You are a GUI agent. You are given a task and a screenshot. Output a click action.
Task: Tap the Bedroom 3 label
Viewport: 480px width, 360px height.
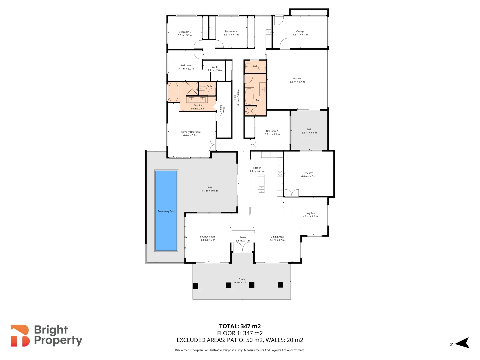185,32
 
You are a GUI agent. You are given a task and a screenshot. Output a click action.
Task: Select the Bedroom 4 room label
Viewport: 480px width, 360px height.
231,31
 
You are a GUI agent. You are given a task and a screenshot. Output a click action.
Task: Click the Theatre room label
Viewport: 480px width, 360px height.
309,173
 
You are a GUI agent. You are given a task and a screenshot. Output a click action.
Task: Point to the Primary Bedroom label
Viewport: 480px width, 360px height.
191,132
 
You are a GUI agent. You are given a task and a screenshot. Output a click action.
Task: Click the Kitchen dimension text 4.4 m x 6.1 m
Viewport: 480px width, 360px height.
257,171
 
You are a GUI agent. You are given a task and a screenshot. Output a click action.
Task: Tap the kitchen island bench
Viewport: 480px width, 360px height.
257,184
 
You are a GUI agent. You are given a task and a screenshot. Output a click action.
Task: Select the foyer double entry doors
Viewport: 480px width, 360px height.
242,247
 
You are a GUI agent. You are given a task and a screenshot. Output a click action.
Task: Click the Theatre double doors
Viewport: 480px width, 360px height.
292,193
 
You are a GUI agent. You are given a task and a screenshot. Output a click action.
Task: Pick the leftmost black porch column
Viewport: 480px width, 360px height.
195,286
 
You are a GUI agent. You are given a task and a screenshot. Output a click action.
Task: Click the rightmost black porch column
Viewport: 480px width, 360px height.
280,285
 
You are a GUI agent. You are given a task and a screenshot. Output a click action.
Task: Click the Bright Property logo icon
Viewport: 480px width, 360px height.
20,336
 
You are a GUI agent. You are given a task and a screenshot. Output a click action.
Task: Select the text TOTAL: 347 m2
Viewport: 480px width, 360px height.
240,326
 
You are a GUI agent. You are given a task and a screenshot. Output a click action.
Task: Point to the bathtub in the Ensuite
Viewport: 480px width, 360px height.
173,92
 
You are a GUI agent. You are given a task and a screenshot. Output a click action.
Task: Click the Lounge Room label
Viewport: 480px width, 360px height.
208,237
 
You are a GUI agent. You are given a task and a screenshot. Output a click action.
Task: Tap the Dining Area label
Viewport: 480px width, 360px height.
277,237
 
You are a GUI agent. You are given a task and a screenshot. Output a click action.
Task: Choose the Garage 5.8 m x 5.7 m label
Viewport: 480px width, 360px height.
297,80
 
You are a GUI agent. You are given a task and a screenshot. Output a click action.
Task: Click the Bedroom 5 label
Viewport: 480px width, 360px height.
272,131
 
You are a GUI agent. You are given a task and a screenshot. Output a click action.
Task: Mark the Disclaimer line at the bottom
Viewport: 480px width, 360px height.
240,350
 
